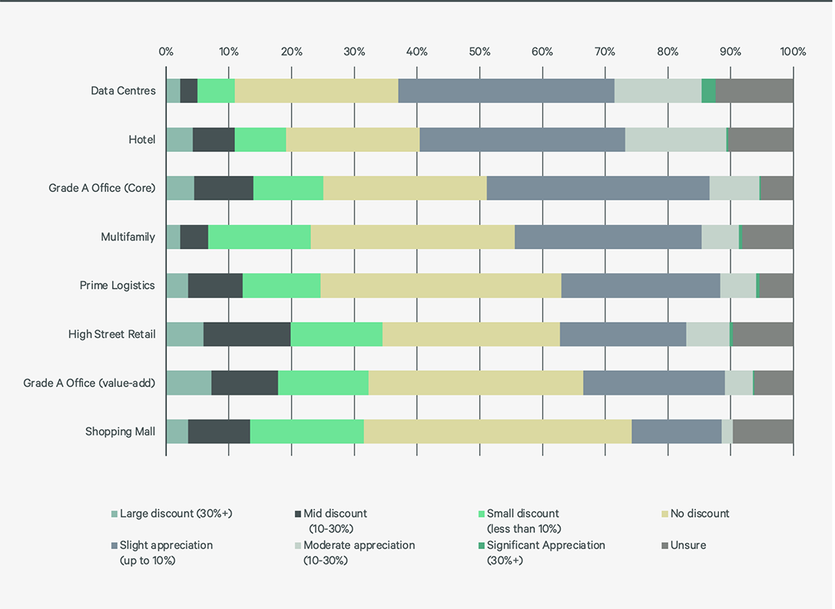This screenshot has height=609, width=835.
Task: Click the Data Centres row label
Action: [x=123, y=91]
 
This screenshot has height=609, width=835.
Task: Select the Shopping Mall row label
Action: [x=120, y=432]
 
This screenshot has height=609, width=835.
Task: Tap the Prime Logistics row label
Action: [x=117, y=286]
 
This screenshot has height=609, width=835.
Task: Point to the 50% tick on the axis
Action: [x=479, y=52]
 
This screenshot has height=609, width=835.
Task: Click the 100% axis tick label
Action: [x=793, y=52]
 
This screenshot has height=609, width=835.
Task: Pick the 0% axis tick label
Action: [x=166, y=52]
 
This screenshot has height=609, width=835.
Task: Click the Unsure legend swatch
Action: [x=664, y=545]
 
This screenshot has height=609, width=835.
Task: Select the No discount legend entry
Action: [x=699, y=513]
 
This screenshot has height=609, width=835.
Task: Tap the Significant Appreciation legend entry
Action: [x=545, y=545]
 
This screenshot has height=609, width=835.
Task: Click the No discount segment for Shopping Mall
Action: [x=498, y=432]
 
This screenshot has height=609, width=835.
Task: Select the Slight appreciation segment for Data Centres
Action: [x=506, y=91]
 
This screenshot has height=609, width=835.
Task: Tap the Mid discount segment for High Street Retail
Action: [x=247, y=334]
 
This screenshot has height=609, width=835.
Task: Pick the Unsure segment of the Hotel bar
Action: [x=760, y=140]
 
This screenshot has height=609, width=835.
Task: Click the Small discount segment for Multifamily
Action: [x=259, y=237]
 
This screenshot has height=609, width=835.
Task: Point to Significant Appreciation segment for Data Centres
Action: [x=708, y=91]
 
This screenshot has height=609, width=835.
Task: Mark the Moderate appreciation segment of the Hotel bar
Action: [x=675, y=140]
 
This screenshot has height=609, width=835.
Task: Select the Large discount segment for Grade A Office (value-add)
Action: [x=188, y=382]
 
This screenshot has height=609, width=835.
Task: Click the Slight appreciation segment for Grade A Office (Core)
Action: [x=598, y=188]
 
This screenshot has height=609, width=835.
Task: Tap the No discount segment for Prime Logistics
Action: [x=440, y=286]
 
